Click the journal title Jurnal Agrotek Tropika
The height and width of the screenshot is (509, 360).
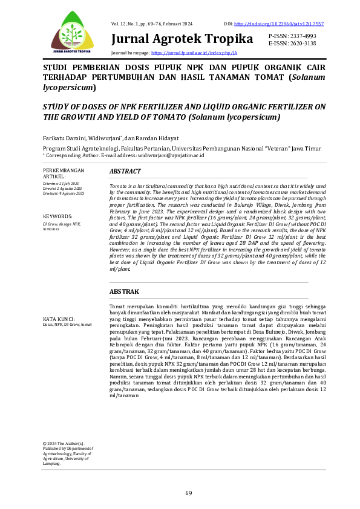(182, 39)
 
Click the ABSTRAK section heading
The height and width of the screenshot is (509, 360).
(125, 291)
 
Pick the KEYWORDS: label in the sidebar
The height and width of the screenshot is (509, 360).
(58, 216)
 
